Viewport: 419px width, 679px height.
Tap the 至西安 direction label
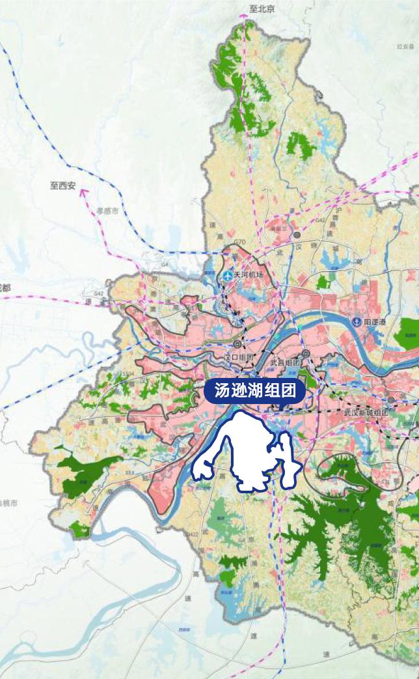click(x=63, y=186)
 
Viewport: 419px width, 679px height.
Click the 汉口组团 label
click(x=237, y=357)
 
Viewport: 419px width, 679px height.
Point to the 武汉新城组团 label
click(x=365, y=412)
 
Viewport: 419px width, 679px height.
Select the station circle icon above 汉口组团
click(x=237, y=343)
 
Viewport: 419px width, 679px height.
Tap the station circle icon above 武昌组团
click(x=305, y=353)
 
